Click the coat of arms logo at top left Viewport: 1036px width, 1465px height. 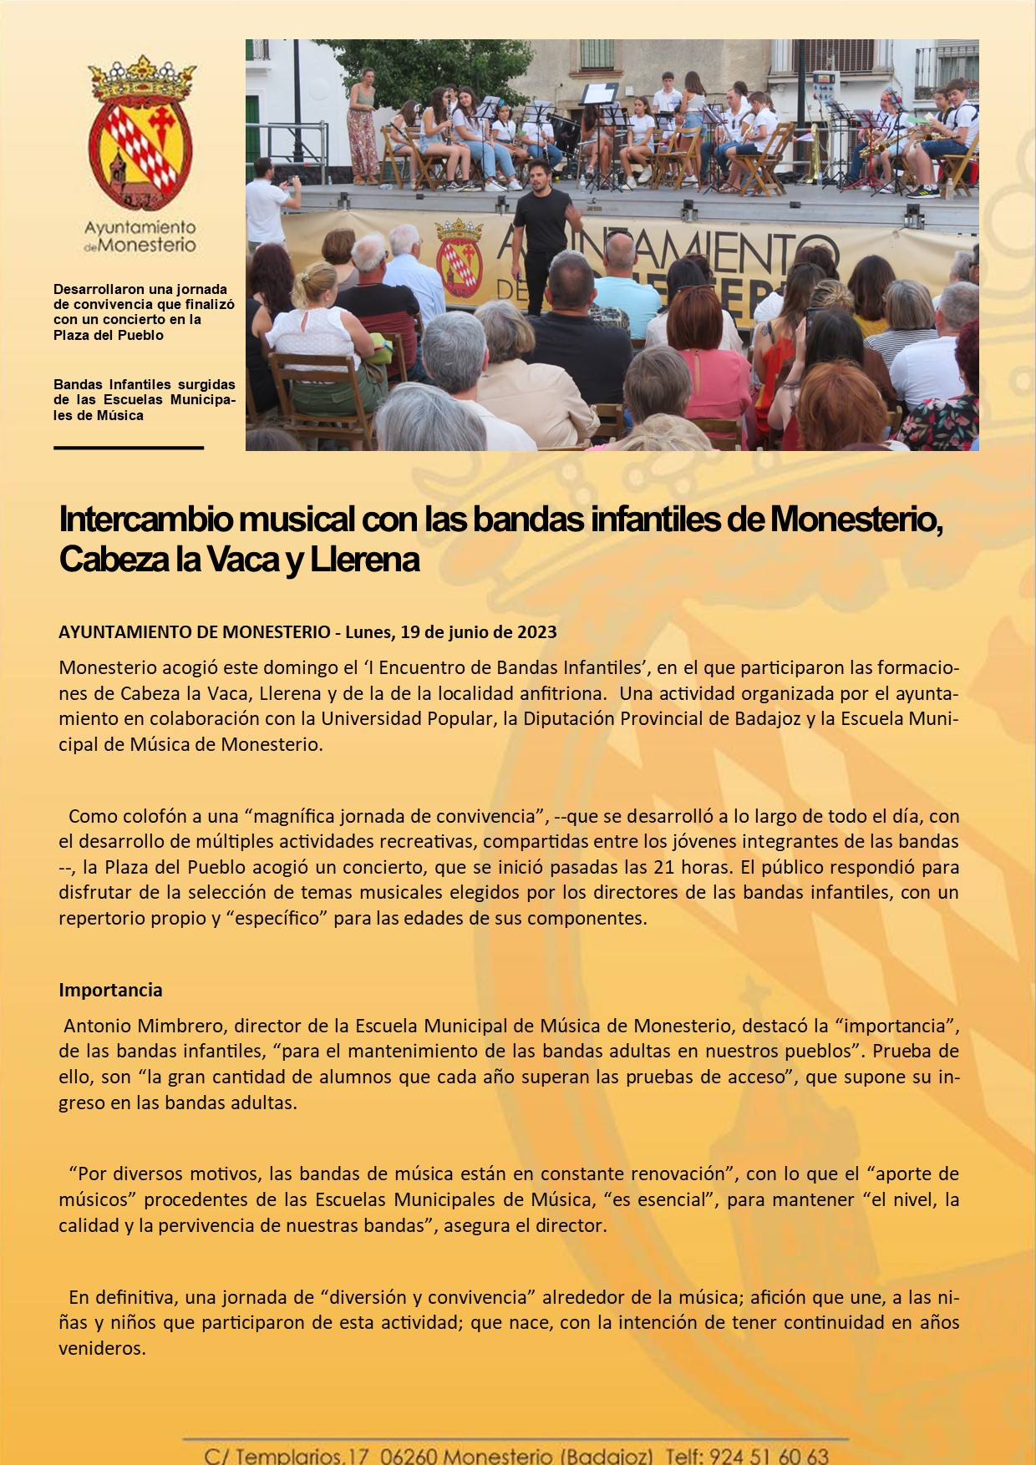140,134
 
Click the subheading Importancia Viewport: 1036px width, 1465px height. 110,991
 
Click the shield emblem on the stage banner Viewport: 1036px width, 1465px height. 460,259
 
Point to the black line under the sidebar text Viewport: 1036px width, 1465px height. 129,448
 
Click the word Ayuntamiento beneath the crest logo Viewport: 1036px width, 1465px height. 140,227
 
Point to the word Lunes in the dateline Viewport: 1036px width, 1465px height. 368,632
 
